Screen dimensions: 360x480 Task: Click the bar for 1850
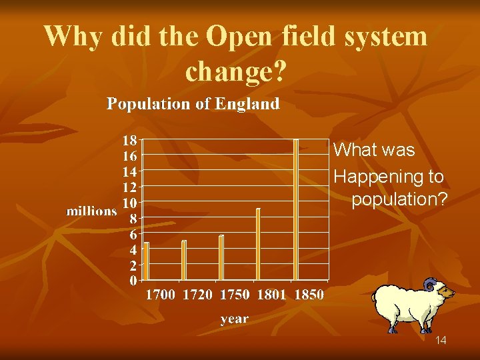click(x=296, y=209)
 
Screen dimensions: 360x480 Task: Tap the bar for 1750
click(x=221, y=257)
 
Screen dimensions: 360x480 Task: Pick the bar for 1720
click(x=184, y=260)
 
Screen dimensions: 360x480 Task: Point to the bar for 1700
click(x=146, y=261)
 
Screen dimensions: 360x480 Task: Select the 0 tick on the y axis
click(x=133, y=280)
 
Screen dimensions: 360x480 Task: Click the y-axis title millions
click(x=91, y=211)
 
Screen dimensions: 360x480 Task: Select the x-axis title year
click(x=235, y=319)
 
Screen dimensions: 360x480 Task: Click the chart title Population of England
click(x=193, y=104)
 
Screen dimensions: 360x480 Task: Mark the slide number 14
click(x=441, y=341)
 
